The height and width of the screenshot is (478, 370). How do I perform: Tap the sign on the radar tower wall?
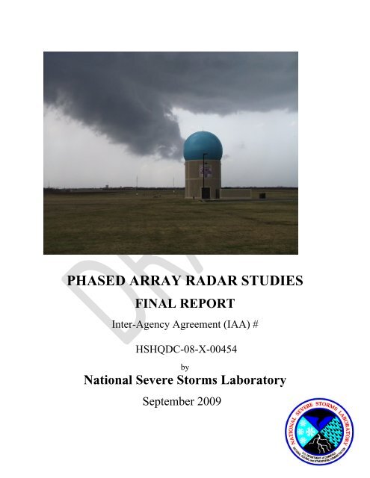tap(206, 172)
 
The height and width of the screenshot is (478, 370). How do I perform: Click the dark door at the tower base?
tap(206, 193)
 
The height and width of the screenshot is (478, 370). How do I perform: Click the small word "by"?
tap(185, 366)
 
